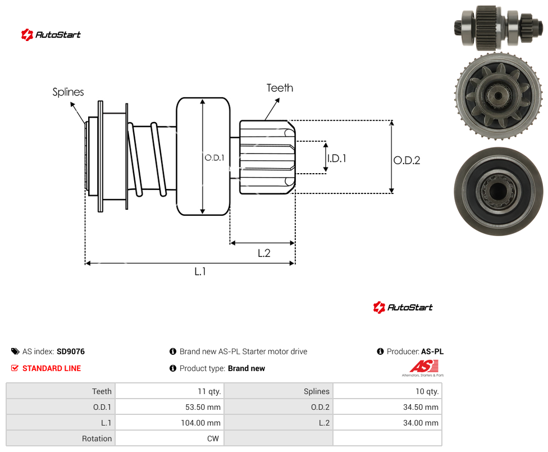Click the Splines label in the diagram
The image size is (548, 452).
click(x=68, y=92)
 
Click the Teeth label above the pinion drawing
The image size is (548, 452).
click(x=280, y=88)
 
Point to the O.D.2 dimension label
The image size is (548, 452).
click(x=407, y=160)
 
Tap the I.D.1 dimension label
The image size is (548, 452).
click(x=337, y=159)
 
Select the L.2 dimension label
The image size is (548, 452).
click(x=264, y=253)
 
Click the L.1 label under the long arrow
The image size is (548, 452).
click(x=200, y=271)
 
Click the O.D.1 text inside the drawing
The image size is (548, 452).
click(x=214, y=158)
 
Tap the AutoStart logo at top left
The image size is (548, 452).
click(x=51, y=35)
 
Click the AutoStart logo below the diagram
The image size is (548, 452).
click(x=403, y=307)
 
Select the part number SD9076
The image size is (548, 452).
click(x=71, y=351)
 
